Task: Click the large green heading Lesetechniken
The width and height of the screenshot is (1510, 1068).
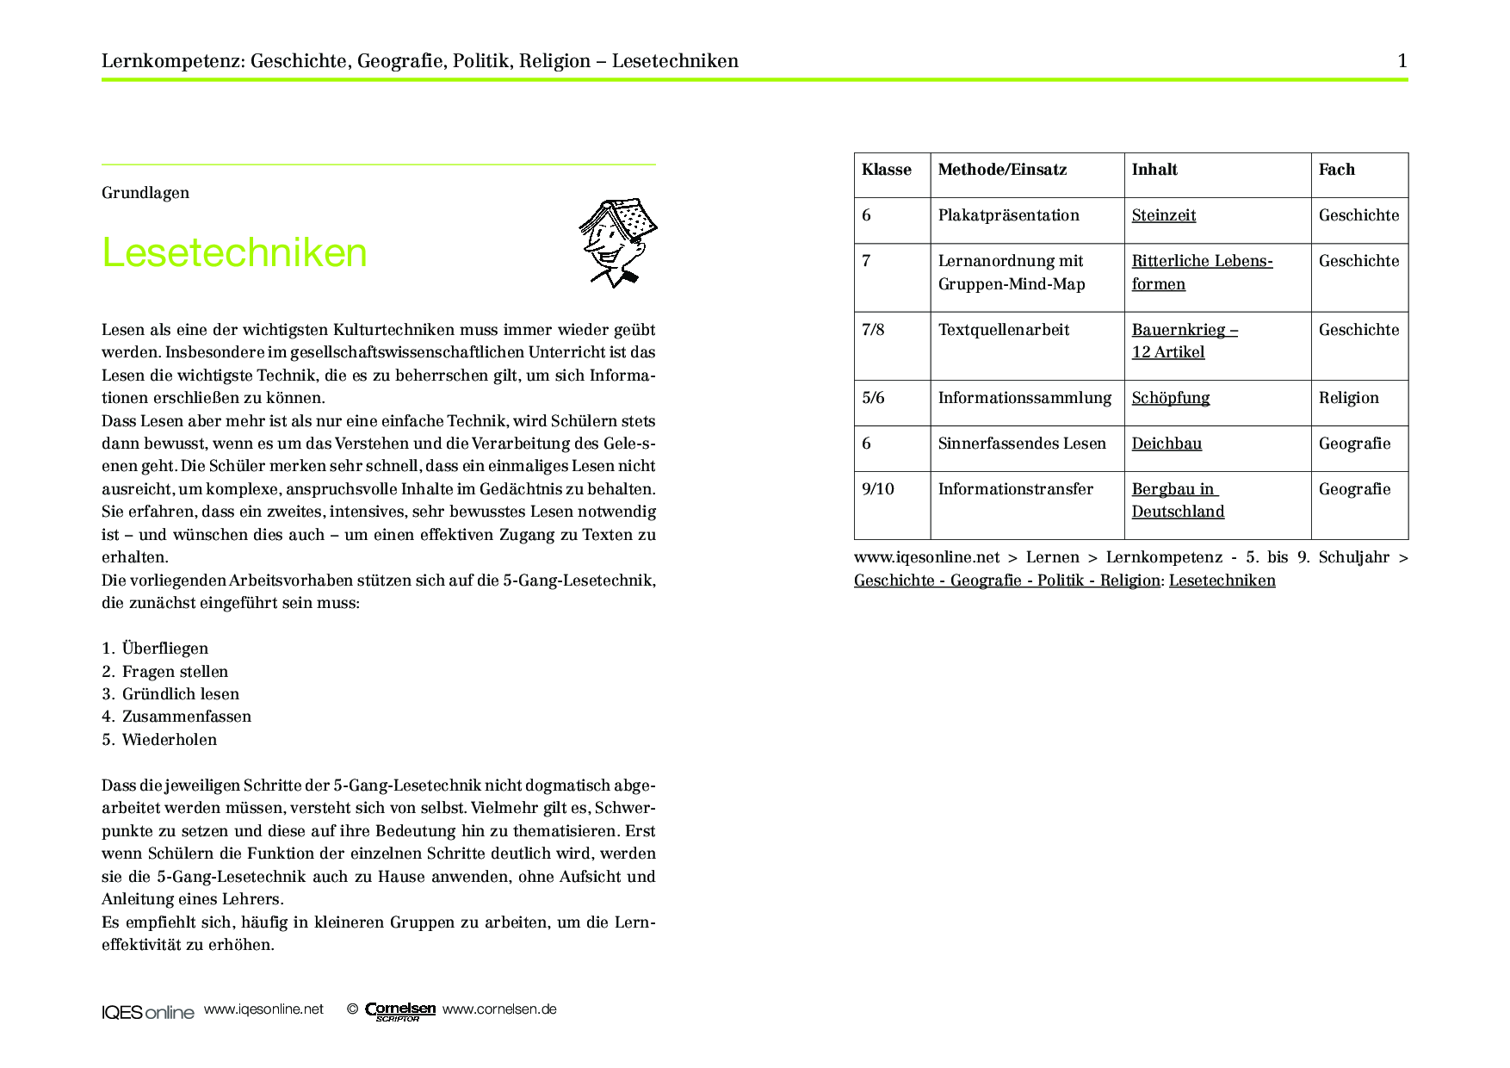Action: (234, 253)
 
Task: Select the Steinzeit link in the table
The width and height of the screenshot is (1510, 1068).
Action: (1163, 215)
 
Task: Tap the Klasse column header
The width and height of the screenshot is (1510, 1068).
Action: (886, 170)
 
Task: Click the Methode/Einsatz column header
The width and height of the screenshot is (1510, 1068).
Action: (1002, 170)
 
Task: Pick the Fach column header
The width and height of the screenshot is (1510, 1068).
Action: (1336, 170)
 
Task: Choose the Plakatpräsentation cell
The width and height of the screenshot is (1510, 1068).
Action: (1008, 215)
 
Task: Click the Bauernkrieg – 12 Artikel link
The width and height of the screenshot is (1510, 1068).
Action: (1184, 341)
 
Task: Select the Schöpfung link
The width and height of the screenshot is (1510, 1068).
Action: (1170, 398)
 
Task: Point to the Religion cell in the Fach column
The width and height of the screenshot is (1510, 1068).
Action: (1348, 398)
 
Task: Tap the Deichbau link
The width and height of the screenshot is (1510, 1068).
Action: (1167, 444)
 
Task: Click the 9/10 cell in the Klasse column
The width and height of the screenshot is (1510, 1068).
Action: (877, 489)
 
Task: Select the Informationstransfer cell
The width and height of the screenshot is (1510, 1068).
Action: (1015, 489)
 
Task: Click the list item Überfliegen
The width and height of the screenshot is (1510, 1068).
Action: (164, 649)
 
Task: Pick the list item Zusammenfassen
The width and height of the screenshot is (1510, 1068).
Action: (186, 717)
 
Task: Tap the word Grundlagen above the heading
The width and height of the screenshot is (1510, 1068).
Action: (145, 193)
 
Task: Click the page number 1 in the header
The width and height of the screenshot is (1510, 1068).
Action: (1402, 61)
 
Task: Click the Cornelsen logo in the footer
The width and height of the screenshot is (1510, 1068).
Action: (399, 1010)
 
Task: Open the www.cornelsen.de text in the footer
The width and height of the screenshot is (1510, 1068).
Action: (499, 1009)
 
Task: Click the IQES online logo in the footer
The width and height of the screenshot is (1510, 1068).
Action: (147, 1012)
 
